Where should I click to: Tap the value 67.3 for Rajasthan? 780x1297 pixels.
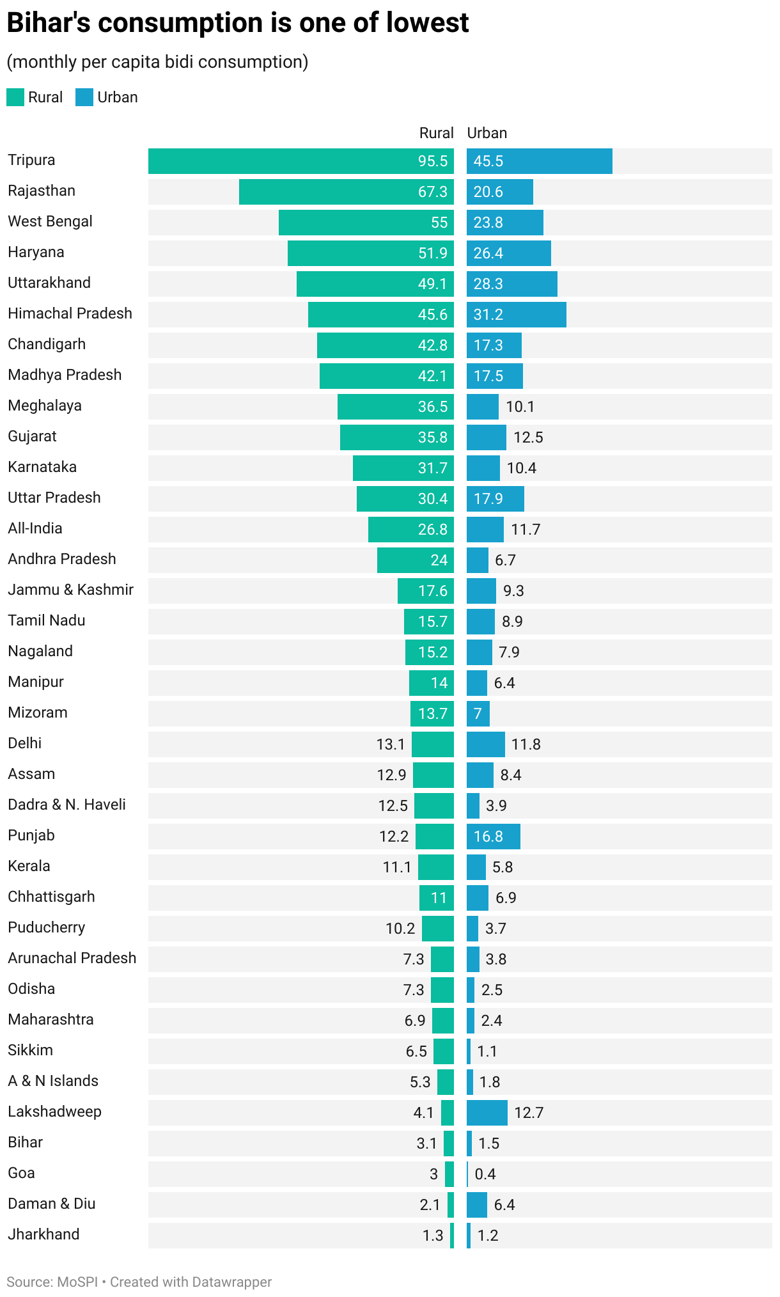click(433, 192)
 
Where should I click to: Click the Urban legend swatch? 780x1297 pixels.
click(84, 97)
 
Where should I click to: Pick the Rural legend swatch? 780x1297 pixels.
click(15, 97)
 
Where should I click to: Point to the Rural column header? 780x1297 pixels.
click(436, 133)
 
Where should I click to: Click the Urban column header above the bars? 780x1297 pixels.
click(487, 133)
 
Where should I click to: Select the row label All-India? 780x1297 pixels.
click(35, 528)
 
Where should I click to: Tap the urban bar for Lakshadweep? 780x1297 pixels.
click(487, 1113)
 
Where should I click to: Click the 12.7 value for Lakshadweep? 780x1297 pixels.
click(528, 1113)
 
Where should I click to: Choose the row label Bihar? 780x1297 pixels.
click(25, 1142)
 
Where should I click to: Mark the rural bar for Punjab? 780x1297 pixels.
click(435, 837)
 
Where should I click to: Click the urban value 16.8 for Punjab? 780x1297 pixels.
click(488, 837)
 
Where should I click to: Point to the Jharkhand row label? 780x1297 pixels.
click(43, 1234)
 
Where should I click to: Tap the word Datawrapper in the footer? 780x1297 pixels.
click(231, 1282)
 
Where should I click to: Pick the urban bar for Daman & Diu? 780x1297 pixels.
click(476, 1205)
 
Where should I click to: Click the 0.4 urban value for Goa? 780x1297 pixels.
click(485, 1174)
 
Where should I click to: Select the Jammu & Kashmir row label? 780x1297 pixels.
click(70, 590)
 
